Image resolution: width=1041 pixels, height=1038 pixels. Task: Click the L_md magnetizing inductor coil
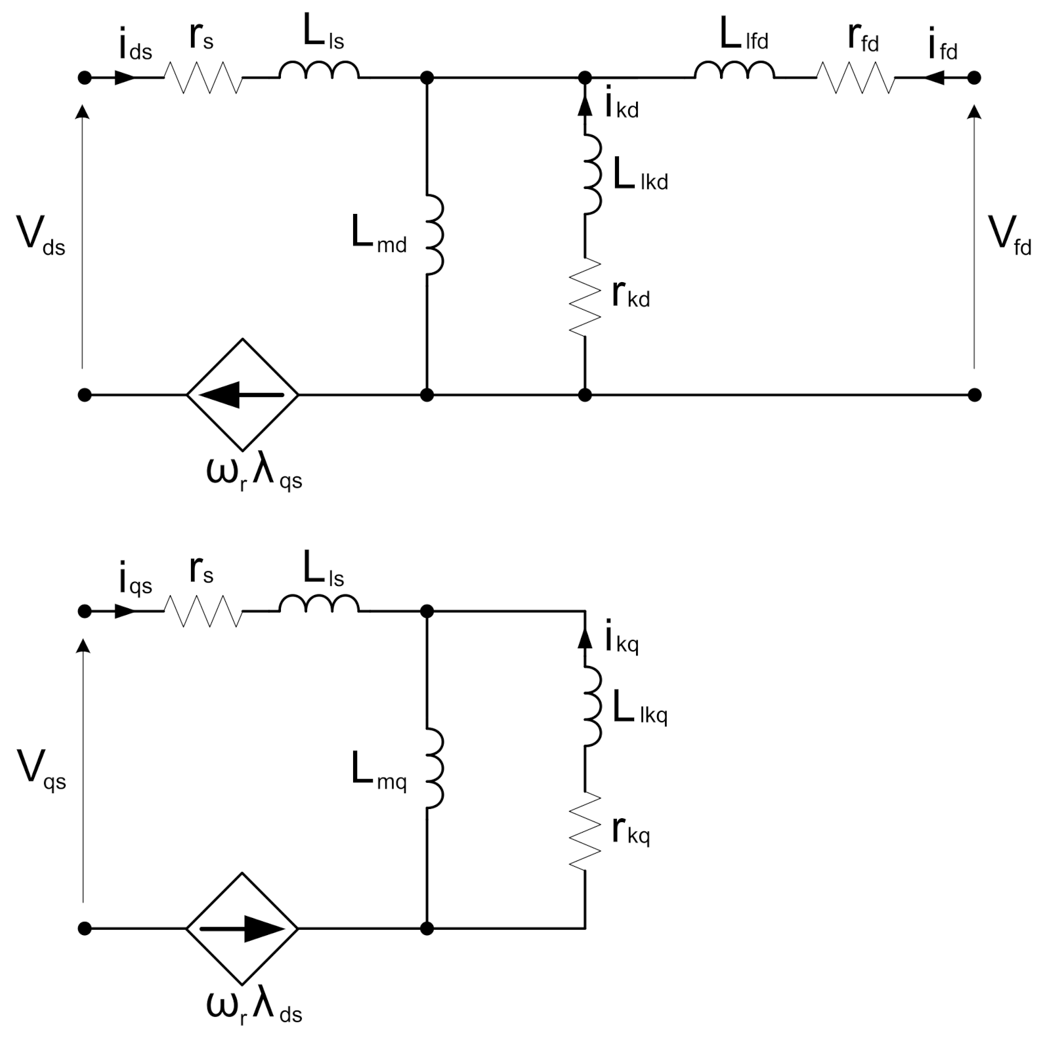(x=435, y=234)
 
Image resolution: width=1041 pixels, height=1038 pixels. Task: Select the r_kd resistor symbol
(x=585, y=297)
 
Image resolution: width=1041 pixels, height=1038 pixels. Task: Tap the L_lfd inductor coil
(x=734, y=71)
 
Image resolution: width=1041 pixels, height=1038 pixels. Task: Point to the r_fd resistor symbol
(x=856, y=77)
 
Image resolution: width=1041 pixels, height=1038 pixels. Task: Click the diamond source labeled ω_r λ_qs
(x=243, y=394)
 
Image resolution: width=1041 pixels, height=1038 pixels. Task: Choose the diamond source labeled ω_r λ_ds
(x=243, y=928)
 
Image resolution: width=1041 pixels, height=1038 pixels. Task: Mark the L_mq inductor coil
(x=435, y=768)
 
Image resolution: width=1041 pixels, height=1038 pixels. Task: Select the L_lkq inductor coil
(x=593, y=706)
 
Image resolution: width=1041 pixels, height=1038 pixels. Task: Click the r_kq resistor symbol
(x=585, y=831)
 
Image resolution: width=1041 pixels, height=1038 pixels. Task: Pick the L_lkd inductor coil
(x=593, y=174)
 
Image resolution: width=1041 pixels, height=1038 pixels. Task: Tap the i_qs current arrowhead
(x=125, y=612)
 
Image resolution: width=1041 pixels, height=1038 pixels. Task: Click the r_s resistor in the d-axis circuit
(x=203, y=77)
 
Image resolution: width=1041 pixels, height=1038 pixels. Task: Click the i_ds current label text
(x=135, y=46)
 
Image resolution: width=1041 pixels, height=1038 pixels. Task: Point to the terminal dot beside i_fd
(x=975, y=77)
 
